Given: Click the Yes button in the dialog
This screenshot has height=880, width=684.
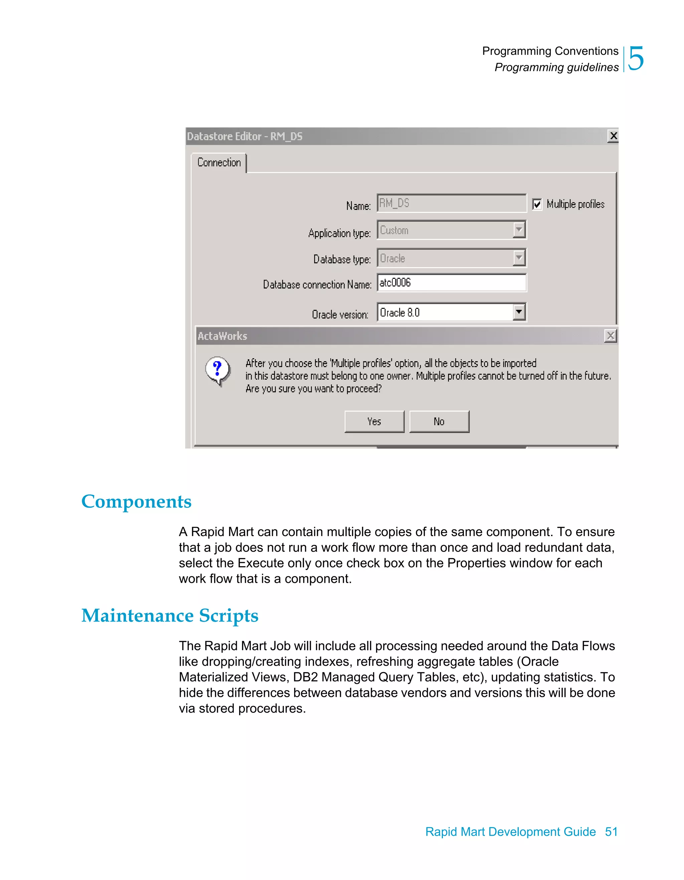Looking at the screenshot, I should coord(374,421).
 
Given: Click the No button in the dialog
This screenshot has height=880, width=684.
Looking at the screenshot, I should coord(439,421).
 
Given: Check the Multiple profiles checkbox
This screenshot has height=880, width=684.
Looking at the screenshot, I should coord(537,204).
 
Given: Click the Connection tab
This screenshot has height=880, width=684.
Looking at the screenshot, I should coord(219,163).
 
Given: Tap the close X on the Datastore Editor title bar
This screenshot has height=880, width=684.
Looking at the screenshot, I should coord(613,136).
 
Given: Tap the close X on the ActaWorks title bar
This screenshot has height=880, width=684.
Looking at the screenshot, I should coord(610,336).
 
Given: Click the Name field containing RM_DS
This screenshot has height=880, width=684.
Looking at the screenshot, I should coord(451,203).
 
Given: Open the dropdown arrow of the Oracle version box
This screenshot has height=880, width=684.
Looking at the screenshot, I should coord(519,312).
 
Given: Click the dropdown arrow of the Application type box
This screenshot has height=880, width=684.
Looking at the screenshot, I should coord(519,230).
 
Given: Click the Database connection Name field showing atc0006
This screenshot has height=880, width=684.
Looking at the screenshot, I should coord(451,282).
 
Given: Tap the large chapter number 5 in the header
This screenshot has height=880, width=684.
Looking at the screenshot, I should coord(636,59).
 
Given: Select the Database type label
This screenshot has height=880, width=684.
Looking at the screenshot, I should coord(342,259).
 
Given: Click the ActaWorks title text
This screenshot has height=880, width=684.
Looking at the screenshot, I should coord(222,336).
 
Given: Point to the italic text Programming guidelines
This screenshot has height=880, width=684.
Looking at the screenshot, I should coord(556,67).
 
